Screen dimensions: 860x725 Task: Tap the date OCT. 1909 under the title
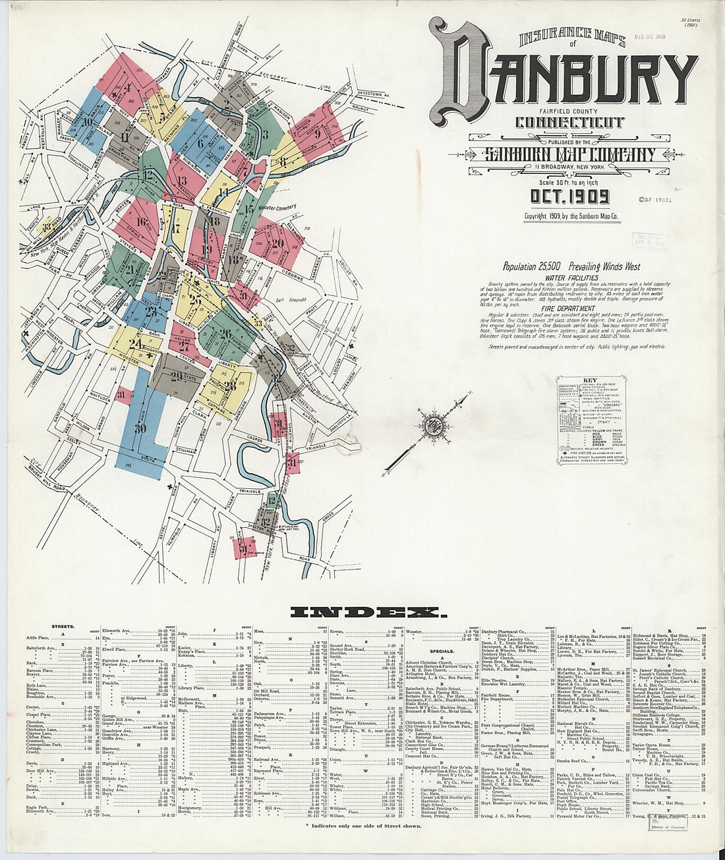pos(569,197)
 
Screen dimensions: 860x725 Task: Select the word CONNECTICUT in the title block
pos(569,123)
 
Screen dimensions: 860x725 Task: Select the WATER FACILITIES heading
pos(571,278)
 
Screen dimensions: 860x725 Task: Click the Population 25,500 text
pos(531,267)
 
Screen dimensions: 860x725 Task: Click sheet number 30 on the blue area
pos(139,428)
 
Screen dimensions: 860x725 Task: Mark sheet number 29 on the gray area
pos(176,377)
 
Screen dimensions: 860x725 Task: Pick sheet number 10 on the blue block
pos(88,121)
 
